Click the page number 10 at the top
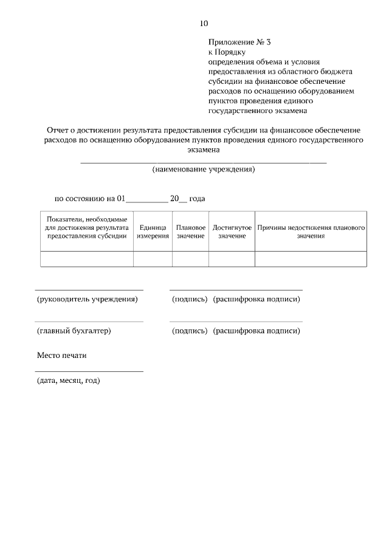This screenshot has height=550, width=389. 204,24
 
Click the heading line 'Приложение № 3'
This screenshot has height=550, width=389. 239,43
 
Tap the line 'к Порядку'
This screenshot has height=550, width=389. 227,52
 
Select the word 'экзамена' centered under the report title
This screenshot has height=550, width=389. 204,150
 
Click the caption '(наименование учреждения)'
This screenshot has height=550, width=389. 204,169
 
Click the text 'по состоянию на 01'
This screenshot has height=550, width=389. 90,198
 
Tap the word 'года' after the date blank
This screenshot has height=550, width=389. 198,198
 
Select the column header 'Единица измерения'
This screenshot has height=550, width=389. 153,231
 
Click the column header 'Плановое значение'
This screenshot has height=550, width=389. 190,231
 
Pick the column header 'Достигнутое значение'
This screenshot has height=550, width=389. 232,231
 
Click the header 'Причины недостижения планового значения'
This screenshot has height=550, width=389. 311,231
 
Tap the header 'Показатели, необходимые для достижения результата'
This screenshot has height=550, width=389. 86,227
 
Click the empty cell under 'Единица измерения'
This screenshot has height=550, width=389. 153,258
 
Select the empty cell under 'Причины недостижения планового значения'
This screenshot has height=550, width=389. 311,258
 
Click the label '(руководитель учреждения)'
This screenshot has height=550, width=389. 88,299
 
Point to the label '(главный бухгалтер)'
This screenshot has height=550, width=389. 74,331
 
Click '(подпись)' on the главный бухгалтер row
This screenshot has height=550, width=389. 190,331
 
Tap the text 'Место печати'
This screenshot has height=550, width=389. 61,355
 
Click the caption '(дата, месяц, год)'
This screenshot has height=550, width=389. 68,380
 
